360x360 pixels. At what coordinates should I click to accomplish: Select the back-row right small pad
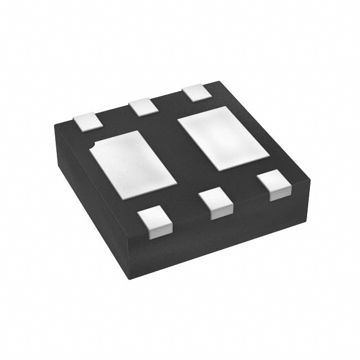(196, 92)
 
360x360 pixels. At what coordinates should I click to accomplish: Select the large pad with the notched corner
(133, 164)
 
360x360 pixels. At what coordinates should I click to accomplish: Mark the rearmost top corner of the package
(217, 82)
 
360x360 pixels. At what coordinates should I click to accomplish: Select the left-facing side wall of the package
(90, 197)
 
